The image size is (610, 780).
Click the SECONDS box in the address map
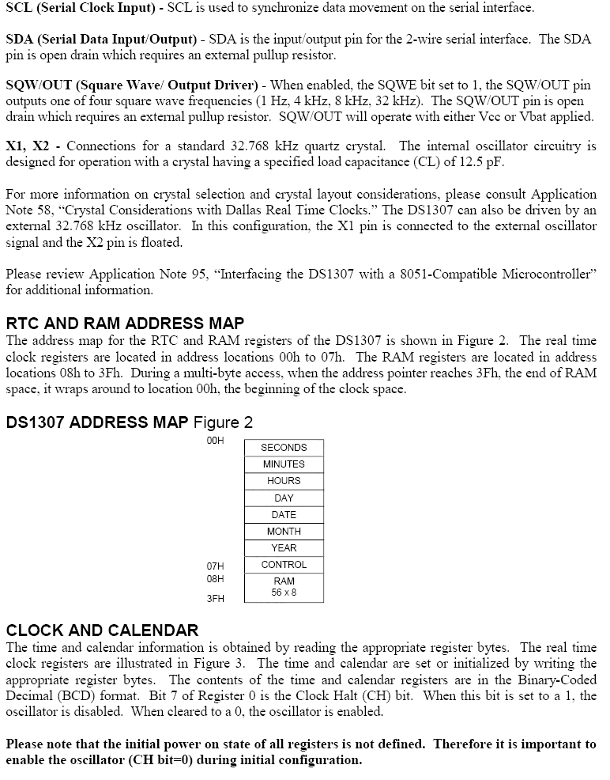(284, 448)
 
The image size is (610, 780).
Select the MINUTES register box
(284, 464)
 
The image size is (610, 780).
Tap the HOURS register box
(284, 481)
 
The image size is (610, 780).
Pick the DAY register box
(284, 498)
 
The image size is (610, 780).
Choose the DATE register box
(284, 515)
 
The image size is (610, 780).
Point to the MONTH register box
(284, 532)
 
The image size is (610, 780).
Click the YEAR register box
(284, 548)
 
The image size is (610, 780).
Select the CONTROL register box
(284, 565)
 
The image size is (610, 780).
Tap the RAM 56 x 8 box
(284, 587)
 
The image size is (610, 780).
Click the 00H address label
(215, 441)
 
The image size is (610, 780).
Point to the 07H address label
(215, 566)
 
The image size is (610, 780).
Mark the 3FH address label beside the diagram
(215, 599)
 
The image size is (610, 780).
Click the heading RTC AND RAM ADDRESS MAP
(125, 324)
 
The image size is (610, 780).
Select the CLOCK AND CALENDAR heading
(102, 630)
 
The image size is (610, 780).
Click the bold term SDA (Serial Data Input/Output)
(100, 40)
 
